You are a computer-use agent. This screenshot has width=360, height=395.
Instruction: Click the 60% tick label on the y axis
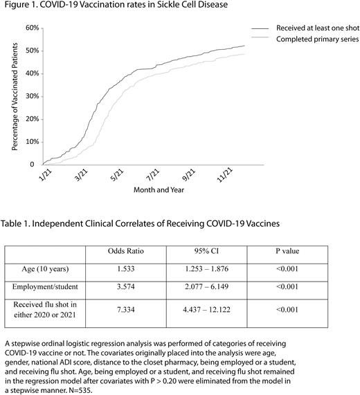(28, 28)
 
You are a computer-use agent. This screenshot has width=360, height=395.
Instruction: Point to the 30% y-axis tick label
(28, 97)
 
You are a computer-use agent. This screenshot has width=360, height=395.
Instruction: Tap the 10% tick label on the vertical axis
(28, 142)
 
